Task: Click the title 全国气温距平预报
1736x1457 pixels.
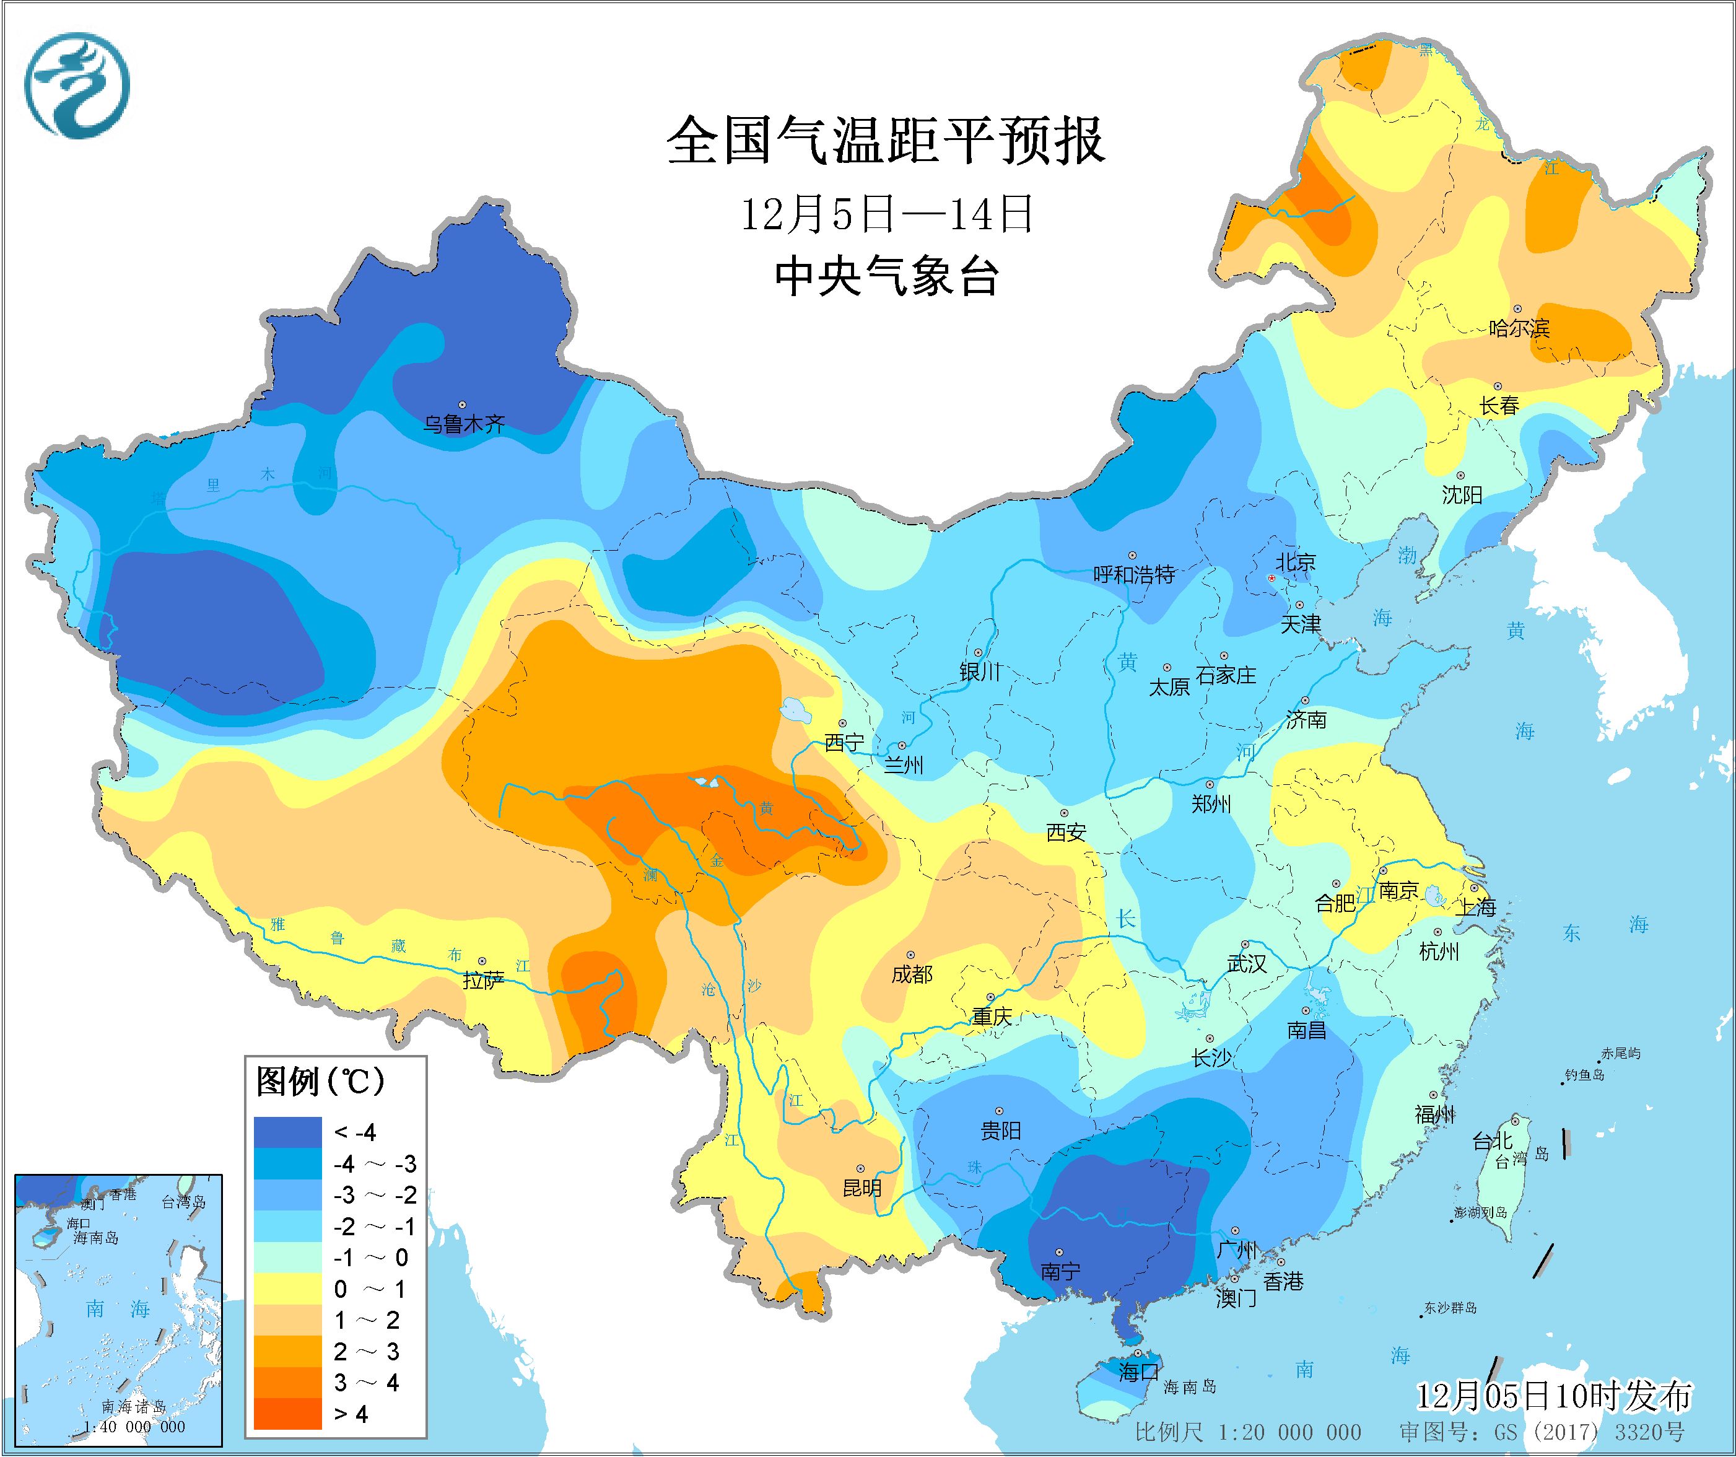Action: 886,141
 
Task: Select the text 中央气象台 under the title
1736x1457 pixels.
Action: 886,276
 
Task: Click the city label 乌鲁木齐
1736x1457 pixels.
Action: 464,424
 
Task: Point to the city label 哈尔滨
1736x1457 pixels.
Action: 1519,328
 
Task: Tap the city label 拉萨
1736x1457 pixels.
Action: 483,981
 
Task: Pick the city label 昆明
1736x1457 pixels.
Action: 862,1188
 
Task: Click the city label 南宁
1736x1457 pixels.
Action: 1060,1271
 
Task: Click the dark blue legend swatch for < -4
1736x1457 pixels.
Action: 287,1132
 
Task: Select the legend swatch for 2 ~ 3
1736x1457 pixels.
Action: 287,1351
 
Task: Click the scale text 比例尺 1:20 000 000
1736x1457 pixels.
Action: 1248,1432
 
